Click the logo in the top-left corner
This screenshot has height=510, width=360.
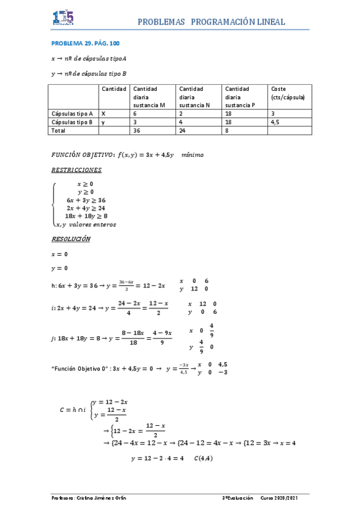pos(63,17)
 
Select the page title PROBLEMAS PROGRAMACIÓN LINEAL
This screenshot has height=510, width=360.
pos(212,22)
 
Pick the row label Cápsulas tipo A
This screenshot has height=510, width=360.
pos(73,113)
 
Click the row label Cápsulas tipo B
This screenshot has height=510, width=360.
pos(73,121)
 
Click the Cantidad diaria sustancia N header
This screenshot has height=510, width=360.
pos(194,97)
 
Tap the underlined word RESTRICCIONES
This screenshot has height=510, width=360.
pos(77,170)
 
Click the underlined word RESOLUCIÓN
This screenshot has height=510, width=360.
pos(71,239)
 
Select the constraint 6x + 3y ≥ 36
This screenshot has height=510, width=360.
pos(87,200)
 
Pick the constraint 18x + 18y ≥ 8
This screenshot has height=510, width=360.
pos(87,216)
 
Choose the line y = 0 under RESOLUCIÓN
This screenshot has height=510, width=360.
pos(59,268)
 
